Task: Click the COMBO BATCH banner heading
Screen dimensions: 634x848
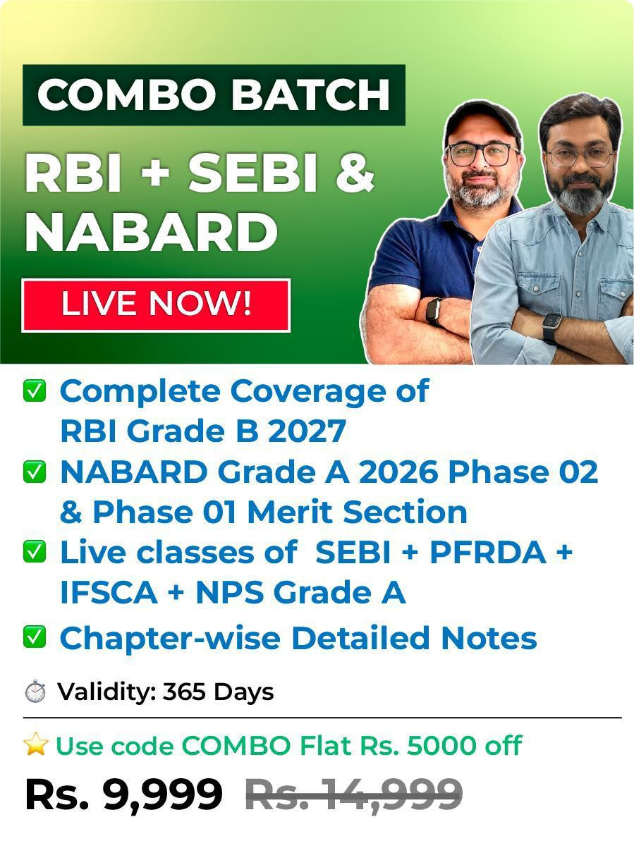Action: click(x=214, y=95)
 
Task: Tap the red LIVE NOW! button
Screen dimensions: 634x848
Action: click(x=156, y=305)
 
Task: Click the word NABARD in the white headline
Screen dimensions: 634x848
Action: click(x=152, y=233)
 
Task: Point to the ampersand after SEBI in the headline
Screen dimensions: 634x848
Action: click(x=355, y=172)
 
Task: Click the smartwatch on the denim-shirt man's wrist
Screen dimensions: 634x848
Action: click(x=551, y=328)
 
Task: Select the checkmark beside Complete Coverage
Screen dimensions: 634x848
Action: click(x=35, y=391)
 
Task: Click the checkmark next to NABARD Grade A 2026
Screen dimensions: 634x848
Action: click(x=35, y=472)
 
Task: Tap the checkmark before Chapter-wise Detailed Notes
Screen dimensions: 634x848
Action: click(x=35, y=637)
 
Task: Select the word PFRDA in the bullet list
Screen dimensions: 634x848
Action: click(x=488, y=553)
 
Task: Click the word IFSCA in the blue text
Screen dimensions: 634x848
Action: click(x=109, y=592)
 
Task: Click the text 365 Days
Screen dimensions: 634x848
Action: click(x=219, y=692)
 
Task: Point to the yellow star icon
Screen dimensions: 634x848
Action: click(x=36, y=744)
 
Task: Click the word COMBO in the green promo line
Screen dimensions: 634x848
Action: click(x=236, y=746)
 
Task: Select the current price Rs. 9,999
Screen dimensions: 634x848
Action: click(x=124, y=795)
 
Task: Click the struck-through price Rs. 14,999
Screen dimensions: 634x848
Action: click(x=354, y=795)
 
